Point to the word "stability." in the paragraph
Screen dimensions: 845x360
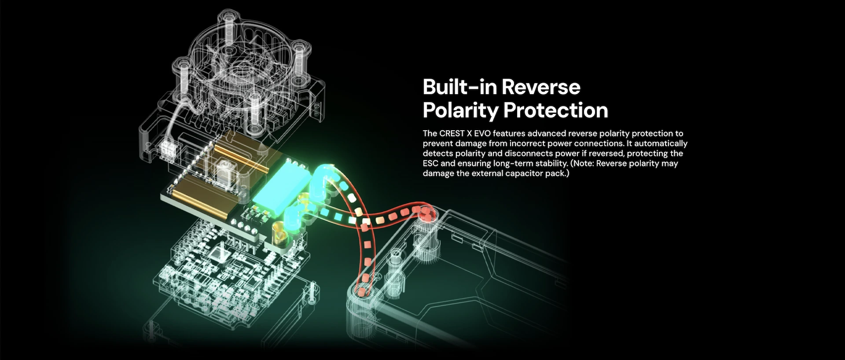pyautogui.click(x=551, y=164)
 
